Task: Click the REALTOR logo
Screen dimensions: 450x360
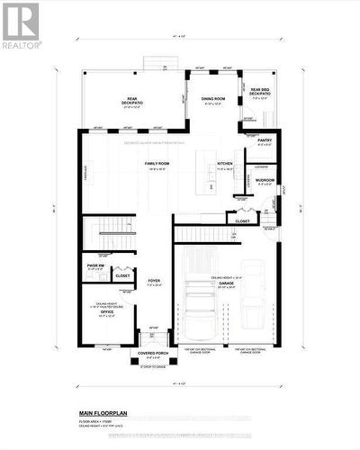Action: tap(21, 25)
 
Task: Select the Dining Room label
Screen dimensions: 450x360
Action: tap(213, 99)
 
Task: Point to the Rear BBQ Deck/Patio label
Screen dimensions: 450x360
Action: tap(261, 92)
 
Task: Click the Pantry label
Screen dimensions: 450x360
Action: tap(264, 141)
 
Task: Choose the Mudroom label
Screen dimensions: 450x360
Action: tap(265, 181)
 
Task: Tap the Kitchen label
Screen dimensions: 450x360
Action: tap(225, 164)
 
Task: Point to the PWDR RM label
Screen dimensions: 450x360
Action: tap(94, 267)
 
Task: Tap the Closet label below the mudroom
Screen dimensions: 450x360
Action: tap(243, 220)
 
